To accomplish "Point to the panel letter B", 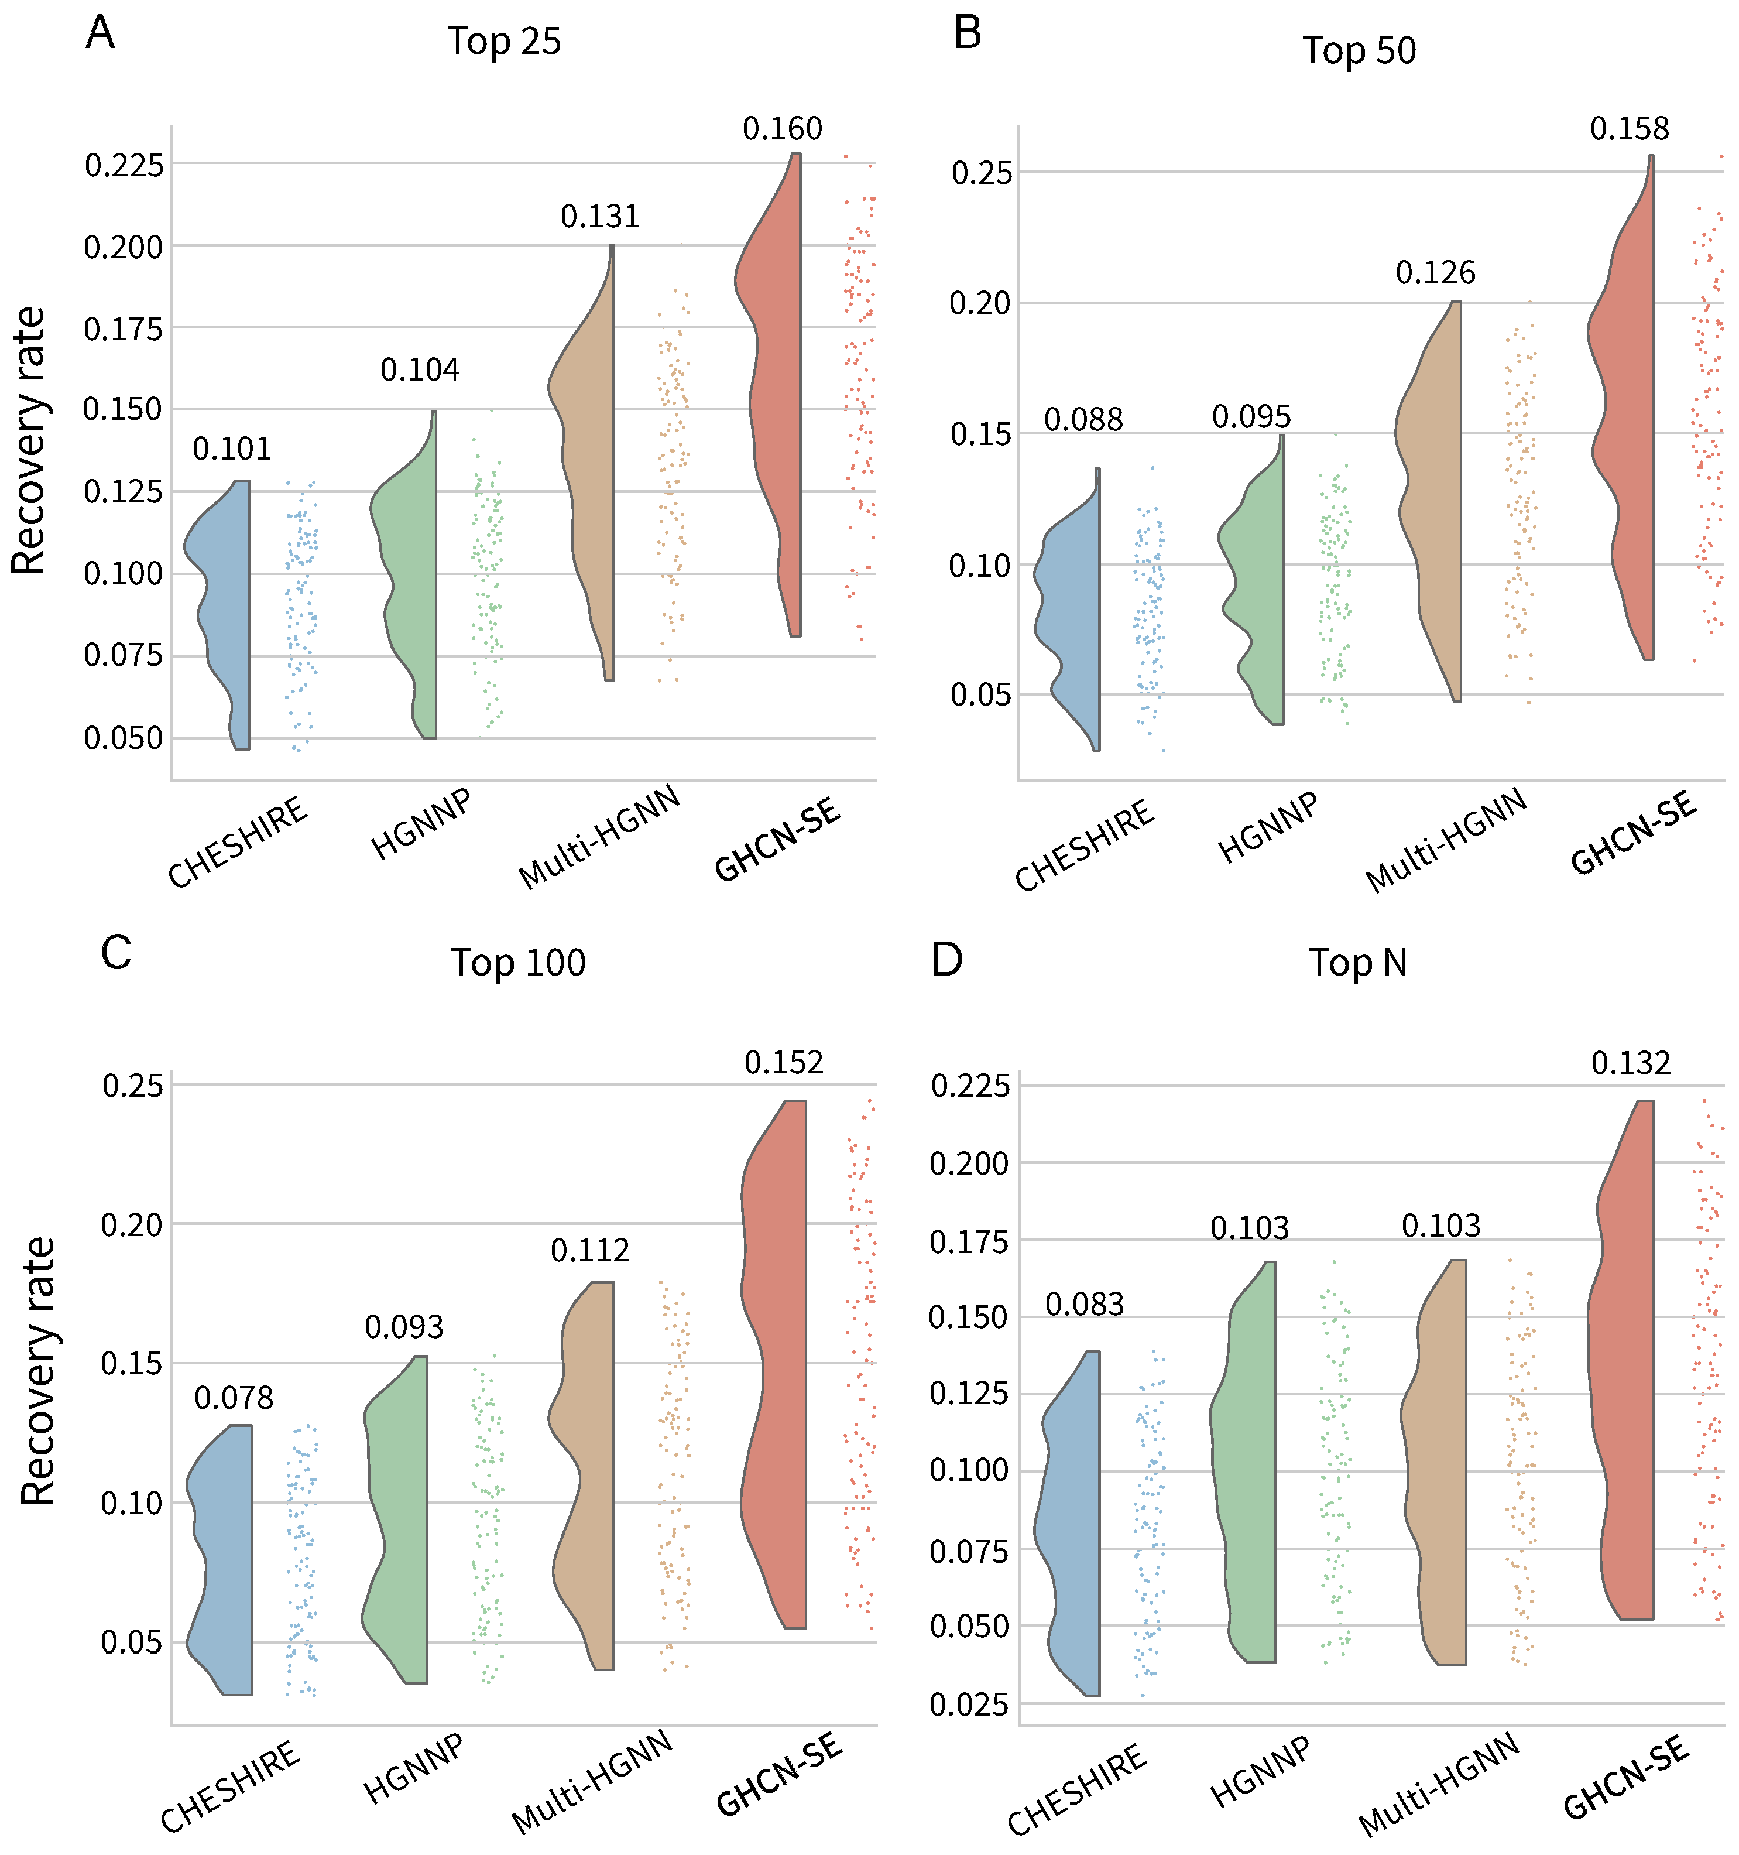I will (x=968, y=33).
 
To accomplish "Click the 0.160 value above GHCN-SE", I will (x=782, y=129).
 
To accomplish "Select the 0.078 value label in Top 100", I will (x=233, y=1398).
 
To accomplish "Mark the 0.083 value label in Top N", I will (x=1084, y=1305).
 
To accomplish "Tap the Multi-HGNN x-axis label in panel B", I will (x=1445, y=840).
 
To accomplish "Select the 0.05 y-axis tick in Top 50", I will (x=980, y=695).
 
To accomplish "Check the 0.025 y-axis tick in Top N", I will (x=969, y=1705).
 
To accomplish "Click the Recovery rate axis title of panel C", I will (x=37, y=1372).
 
